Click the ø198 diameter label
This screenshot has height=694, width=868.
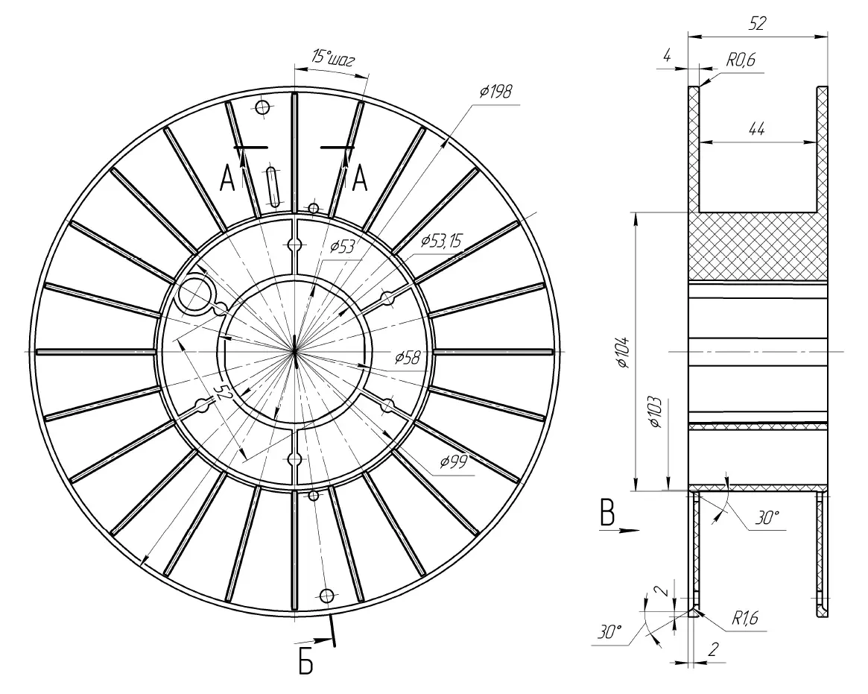[x=496, y=92]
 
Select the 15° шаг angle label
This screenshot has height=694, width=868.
[x=332, y=58]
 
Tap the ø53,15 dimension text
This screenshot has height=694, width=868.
[x=441, y=241]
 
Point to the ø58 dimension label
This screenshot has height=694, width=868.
[x=408, y=358]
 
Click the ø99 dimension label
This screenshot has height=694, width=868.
[x=454, y=461]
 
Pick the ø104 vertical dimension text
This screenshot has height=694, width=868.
[x=624, y=352]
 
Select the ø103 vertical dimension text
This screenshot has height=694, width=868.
[x=656, y=413]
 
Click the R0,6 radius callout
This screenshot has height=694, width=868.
[x=741, y=60]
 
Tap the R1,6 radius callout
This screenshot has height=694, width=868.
[x=744, y=617]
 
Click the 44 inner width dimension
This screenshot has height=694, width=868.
[x=756, y=129]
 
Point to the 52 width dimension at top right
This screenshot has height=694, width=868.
[x=757, y=23]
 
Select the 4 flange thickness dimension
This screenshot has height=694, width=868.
[x=667, y=56]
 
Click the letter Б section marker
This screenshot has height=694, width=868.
[x=305, y=662]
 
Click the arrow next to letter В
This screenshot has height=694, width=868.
[x=620, y=530]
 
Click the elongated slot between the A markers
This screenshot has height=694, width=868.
[x=273, y=186]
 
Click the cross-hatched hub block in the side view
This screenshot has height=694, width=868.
[x=758, y=247]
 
